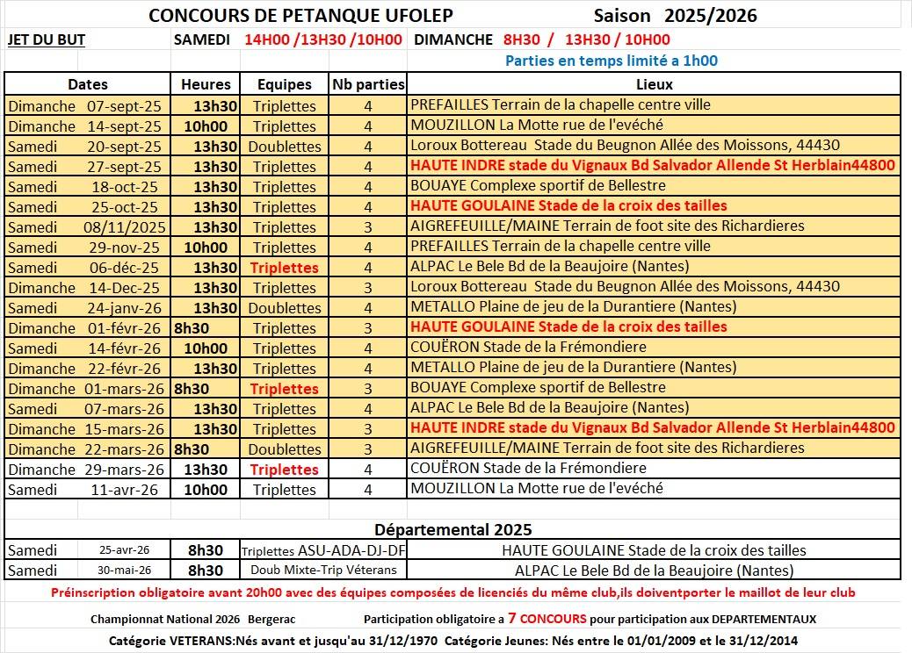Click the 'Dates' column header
click(x=88, y=84)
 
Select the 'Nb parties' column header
click(x=368, y=84)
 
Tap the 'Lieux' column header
click(x=654, y=84)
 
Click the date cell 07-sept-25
click(x=124, y=105)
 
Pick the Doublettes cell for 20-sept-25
click(x=285, y=146)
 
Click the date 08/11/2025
click(x=124, y=226)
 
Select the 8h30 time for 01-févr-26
click(x=192, y=327)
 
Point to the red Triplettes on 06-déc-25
click(x=285, y=267)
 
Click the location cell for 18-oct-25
click(x=538, y=186)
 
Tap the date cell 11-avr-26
click(x=124, y=489)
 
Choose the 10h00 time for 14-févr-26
click(x=206, y=348)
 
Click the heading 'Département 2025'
click(x=452, y=529)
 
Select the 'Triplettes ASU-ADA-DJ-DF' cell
click(x=323, y=550)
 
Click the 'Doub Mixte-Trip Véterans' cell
click(x=323, y=570)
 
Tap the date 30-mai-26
click(x=124, y=570)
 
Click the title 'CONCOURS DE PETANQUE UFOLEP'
click(x=301, y=16)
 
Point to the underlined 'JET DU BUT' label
click(x=46, y=39)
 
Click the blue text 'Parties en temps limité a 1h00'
click(x=612, y=61)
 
